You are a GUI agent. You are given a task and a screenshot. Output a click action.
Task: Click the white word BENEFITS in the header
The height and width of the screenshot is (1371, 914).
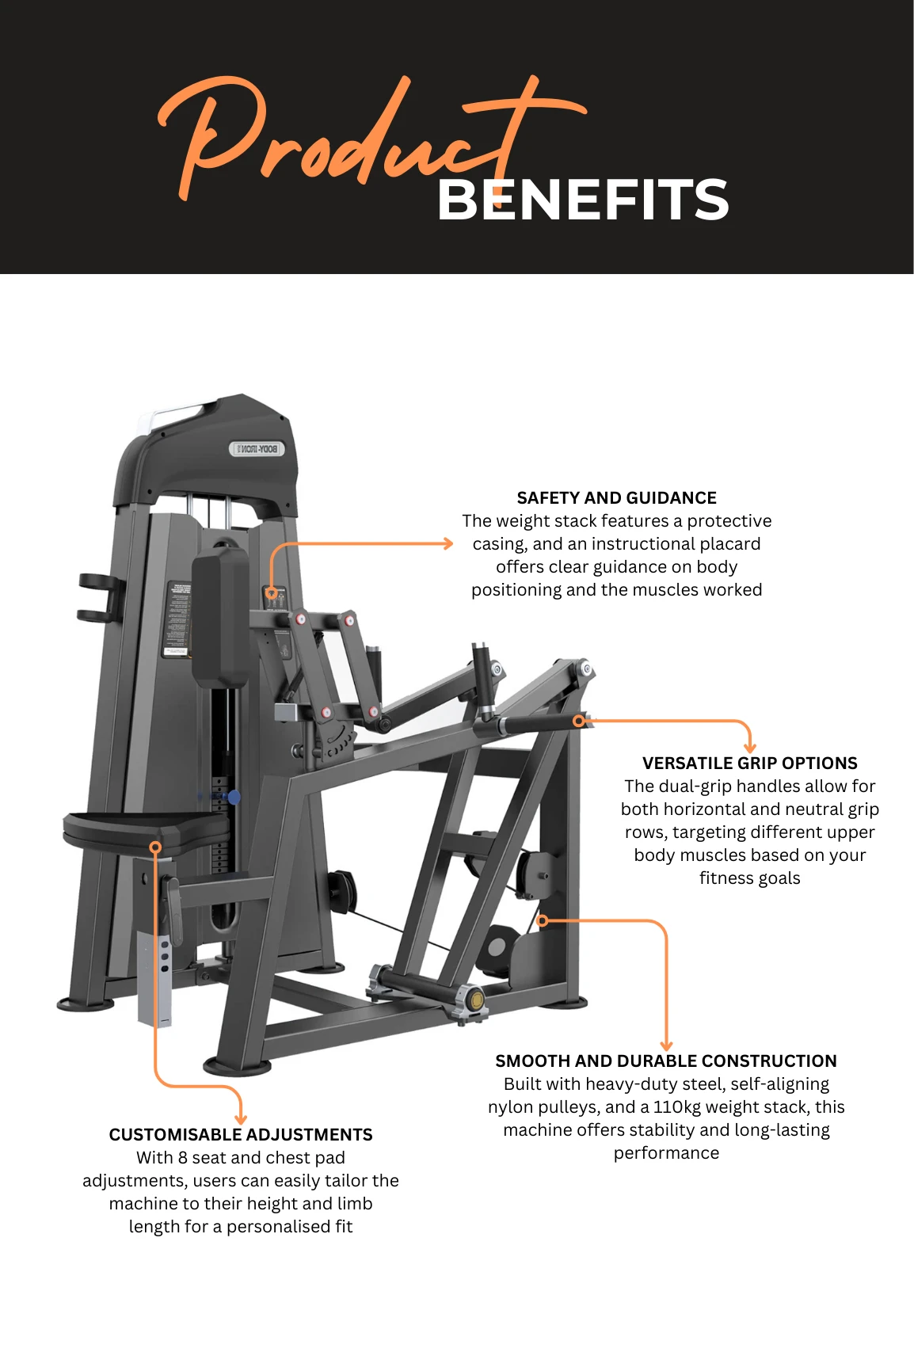582,200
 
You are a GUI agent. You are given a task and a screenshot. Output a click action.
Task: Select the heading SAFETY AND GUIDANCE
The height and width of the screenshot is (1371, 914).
616,498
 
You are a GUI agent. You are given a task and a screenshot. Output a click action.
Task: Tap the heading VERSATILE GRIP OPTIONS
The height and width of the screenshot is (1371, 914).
749,764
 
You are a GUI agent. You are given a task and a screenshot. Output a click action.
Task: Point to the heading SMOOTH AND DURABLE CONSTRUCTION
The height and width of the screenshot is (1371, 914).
666,1061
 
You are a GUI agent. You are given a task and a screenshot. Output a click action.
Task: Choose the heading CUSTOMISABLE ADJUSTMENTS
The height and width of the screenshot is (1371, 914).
241,1135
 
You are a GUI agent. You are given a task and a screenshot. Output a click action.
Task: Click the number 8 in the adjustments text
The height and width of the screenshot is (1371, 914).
183,1158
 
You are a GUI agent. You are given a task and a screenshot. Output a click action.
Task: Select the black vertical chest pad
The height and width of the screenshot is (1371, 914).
220,618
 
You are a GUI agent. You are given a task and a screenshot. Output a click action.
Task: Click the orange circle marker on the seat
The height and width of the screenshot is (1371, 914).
155,847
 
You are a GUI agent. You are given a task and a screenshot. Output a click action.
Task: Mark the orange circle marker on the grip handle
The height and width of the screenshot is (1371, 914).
579,721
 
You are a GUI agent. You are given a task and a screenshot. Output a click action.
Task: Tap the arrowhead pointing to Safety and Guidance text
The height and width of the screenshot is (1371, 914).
448,543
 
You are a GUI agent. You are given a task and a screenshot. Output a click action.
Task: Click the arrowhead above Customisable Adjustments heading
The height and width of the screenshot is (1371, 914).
241,1118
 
